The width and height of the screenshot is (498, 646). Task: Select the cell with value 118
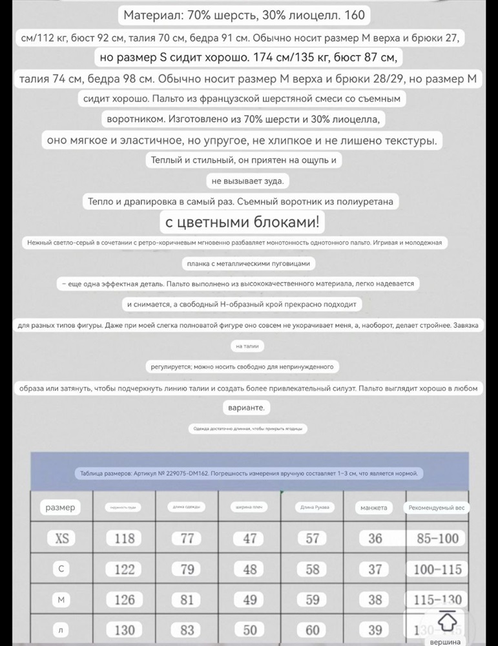pyautogui.click(x=124, y=538)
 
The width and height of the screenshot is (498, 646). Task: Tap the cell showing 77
pyautogui.click(x=187, y=538)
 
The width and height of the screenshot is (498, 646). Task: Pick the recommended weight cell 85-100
pyautogui.click(x=437, y=538)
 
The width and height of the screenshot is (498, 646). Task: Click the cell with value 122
pyautogui.click(x=124, y=569)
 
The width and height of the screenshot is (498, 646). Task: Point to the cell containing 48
pyautogui.click(x=249, y=569)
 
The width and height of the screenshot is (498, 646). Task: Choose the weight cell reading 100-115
pyautogui.click(x=437, y=569)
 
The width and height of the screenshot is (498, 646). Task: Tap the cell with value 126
pyautogui.click(x=124, y=600)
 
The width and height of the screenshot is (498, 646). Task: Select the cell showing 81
pyautogui.click(x=187, y=600)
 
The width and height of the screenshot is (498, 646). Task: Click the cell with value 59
pyautogui.click(x=312, y=600)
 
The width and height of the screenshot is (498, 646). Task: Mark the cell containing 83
pyautogui.click(x=187, y=630)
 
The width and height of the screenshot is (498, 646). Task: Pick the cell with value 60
pyautogui.click(x=312, y=630)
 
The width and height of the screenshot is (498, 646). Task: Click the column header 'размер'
pyautogui.click(x=61, y=508)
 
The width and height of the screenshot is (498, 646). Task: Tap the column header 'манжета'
pyautogui.click(x=375, y=508)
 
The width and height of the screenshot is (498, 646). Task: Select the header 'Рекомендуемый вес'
pyautogui.click(x=437, y=508)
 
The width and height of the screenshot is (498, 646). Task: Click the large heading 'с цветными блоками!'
pyautogui.click(x=242, y=223)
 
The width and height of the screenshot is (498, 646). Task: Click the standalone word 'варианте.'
pyautogui.click(x=247, y=408)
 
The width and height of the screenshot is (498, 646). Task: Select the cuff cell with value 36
pyautogui.click(x=375, y=538)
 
